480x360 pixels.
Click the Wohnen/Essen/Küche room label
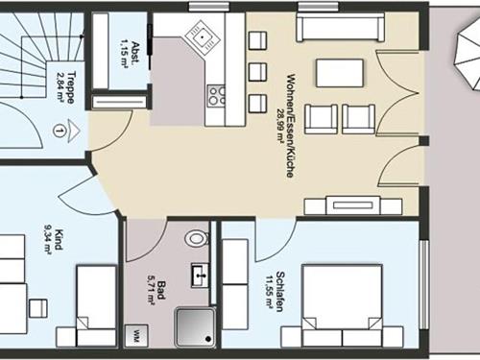pyautogui.click(x=290, y=126)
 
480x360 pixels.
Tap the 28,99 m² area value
pyautogui.click(x=281, y=126)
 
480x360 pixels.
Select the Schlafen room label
pyautogui.click(x=280, y=292)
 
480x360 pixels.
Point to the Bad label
pyautogui.click(x=162, y=291)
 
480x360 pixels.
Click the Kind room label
pyautogui.click(x=59, y=239)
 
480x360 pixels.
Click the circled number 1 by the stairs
pyautogui.click(x=59, y=131)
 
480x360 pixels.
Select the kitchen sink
pyautogui.click(x=203, y=36)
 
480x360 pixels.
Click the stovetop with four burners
pyautogui.click(x=216, y=96)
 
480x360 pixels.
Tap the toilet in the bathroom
pyautogui.click(x=197, y=238)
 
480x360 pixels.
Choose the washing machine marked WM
pyautogui.click(x=136, y=336)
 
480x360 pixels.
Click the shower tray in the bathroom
pyautogui.click(x=195, y=327)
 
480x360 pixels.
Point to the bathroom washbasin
pyautogui.click(x=201, y=276)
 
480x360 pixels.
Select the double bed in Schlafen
pyautogui.click(x=342, y=305)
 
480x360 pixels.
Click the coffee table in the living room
pyautogui.click(x=340, y=73)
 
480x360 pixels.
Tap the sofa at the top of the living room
pyautogui.click(x=340, y=27)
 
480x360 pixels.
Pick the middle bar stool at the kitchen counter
pyautogui.click(x=257, y=72)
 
